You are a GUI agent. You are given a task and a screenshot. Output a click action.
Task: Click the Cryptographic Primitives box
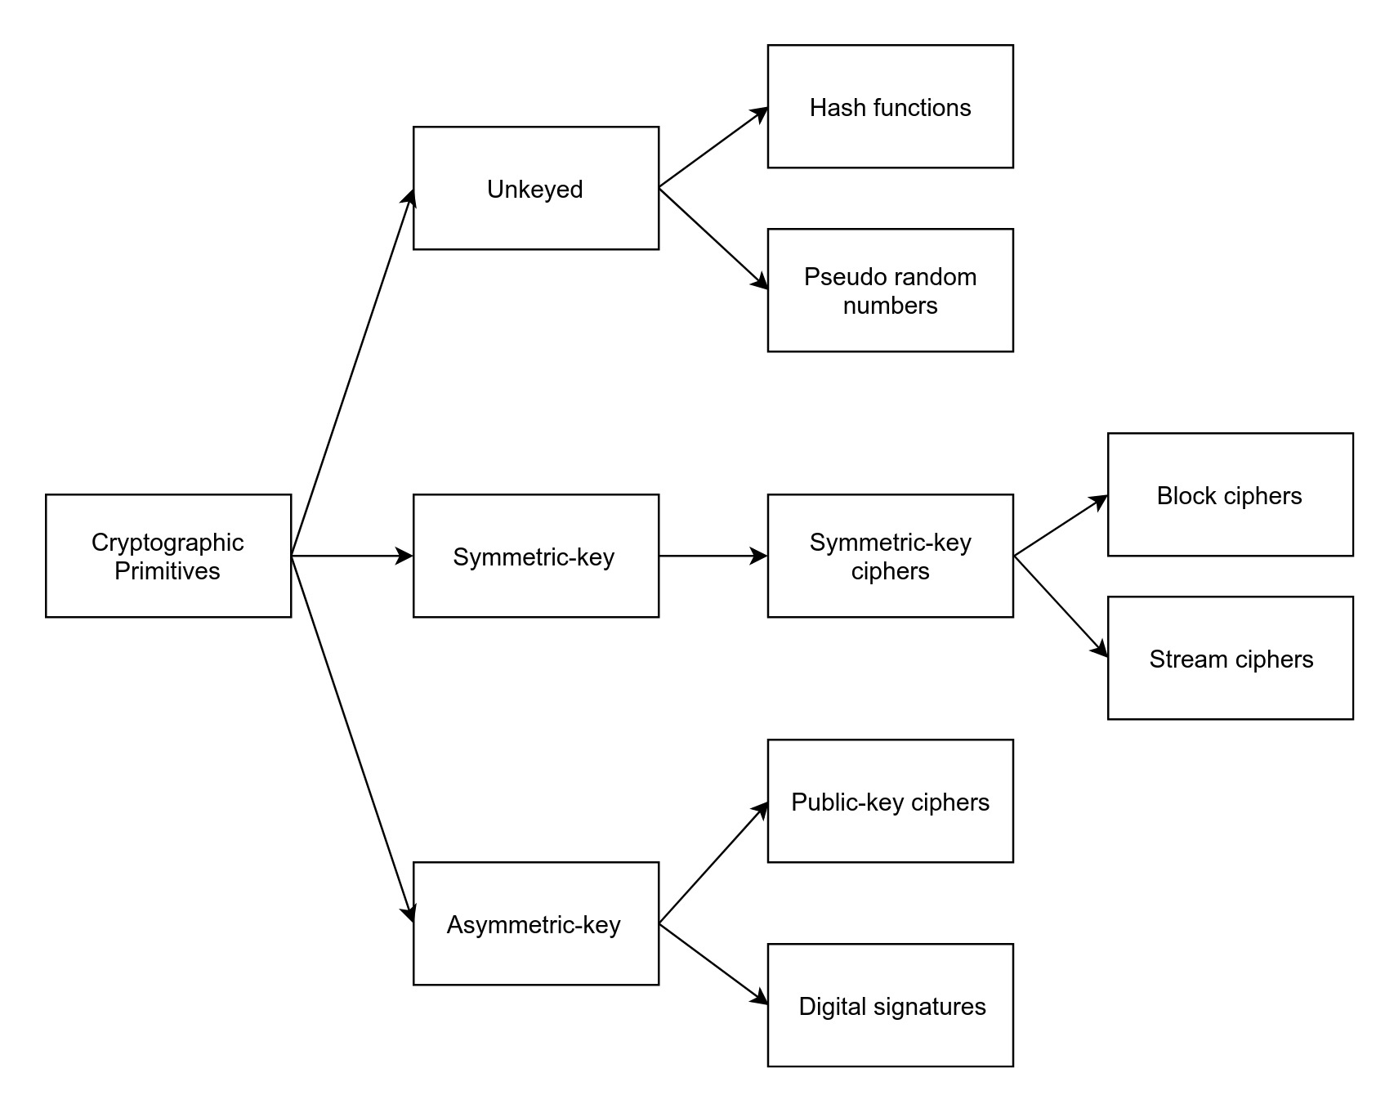[168, 556]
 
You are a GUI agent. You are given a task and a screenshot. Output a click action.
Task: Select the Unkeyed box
[536, 188]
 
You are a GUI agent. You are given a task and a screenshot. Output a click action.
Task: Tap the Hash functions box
[891, 106]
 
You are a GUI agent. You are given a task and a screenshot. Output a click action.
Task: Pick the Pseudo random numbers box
[891, 290]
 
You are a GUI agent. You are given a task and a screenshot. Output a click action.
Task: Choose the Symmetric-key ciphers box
[891, 556]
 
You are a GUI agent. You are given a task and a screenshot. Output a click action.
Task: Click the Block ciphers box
[1231, 494]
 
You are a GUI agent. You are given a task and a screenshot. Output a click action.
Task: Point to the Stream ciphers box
[1231, 658]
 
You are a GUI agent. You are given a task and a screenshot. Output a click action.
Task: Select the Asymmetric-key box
[536, 923]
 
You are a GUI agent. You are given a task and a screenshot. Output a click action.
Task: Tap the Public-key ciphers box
[891, 801]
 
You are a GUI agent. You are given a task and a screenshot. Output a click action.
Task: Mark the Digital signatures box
[891, 1005]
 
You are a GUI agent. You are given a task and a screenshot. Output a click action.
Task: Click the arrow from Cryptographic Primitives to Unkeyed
[353, 372]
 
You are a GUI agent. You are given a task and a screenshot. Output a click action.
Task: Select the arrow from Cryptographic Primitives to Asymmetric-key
[353, 740]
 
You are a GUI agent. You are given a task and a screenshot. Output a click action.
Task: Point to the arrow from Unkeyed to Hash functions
[713, 147]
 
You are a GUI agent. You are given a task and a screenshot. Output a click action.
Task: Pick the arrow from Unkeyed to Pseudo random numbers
[713, 239]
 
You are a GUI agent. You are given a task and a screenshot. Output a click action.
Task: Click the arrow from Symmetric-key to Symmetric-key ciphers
[713, 556]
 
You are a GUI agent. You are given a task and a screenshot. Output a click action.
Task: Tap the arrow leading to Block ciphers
[1061, 525]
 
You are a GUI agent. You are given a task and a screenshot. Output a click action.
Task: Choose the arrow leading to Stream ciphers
[1061, 606]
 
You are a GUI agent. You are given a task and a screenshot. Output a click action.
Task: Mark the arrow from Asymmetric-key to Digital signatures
[713, 964]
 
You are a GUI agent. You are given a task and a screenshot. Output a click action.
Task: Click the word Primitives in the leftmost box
[168, 570]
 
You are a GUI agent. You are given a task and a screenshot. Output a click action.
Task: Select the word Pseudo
[842, 277]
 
